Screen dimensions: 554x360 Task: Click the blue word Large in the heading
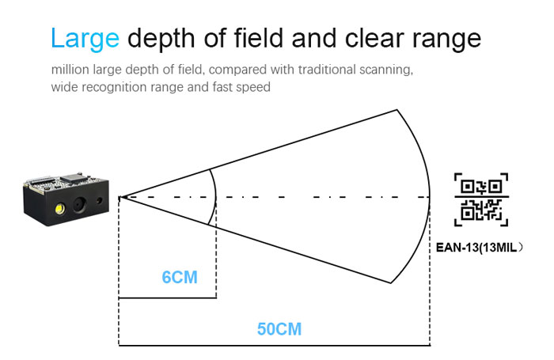click(x=85, y=38)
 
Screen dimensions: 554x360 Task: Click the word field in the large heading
click(x=258, y=37)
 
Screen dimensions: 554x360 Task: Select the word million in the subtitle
click(x=70, y=70)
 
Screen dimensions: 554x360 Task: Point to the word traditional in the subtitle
click(x=326, y=70)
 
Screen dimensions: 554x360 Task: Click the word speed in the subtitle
click(x=253, y=87)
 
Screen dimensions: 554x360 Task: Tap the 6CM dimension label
click(x=180, y=278)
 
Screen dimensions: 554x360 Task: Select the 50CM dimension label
click(x=279, y=329)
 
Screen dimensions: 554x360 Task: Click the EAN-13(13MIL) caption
click(x=479, y=248)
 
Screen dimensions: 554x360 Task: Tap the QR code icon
click(x=481, y=199)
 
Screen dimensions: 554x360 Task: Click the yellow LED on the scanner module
click(x=59, y=208)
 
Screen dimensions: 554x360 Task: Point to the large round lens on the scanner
click(x=79, y=205)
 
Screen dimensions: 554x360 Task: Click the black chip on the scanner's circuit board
click(x=76, y=178)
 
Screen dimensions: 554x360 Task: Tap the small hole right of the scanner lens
click(x=99, y=201)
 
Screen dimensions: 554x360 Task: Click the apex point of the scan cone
click(x=120, y=197)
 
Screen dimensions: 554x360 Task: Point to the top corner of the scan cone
click(x=397, y=110)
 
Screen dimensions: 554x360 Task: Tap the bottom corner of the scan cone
click(x=391, y=283)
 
